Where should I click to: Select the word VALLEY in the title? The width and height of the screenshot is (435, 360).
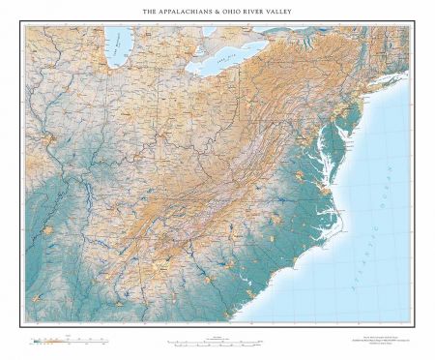tap(302, 13)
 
